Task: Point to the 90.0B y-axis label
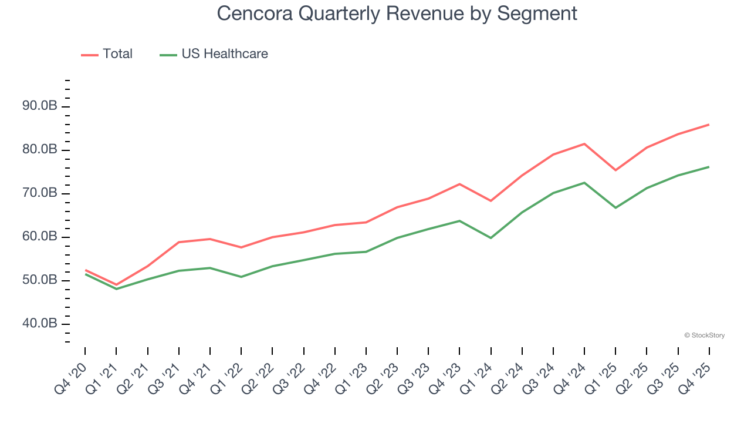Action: (x=40, y=106)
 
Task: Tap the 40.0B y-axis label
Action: (x=40, y=324)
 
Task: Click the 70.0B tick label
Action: (x=40, y=193)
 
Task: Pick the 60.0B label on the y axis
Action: (x=40, y=237)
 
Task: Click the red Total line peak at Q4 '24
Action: (x=584, y=144)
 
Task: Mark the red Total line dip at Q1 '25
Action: (x=615, y=170)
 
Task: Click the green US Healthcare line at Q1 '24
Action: (x=490, y=238)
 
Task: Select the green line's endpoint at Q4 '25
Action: (x=709, y=167)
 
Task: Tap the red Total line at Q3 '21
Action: (x=178, y=242)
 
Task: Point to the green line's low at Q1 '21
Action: (x=116, y=288)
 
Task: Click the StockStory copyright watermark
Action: (x=704, y=335)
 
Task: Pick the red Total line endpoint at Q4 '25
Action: (x=709, y=125)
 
